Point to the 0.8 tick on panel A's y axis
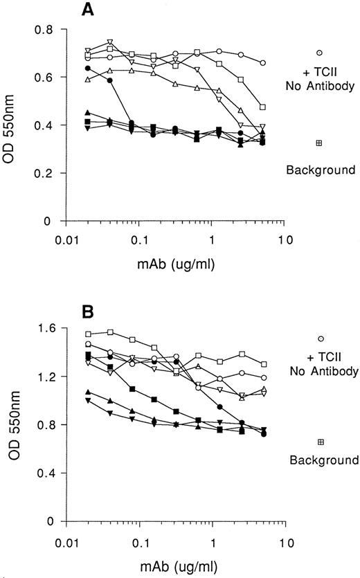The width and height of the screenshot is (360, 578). click(50, 30)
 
